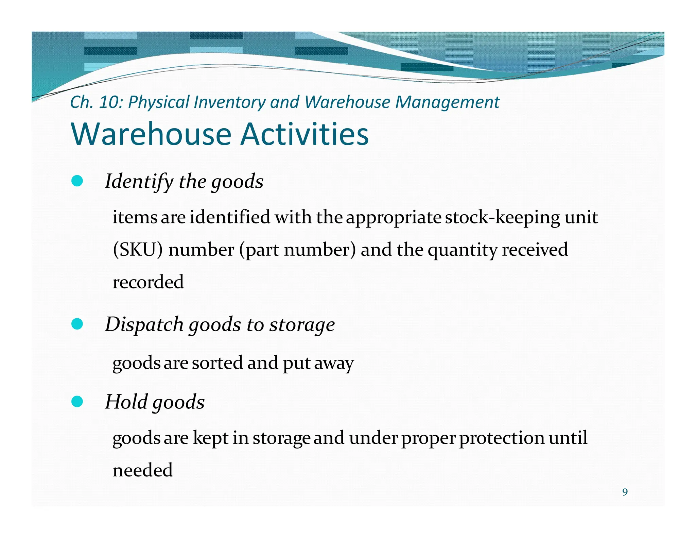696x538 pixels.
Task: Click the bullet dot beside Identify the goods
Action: pos(77,181)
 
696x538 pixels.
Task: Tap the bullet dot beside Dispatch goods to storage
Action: pos(77,324)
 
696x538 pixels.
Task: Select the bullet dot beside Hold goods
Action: pos(77,402)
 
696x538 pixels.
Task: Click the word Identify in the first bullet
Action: pos(139,182)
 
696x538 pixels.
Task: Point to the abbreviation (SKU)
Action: pos(138,250)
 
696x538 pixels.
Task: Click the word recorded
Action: pos(148,282)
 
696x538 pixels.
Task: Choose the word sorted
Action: pos(217,363)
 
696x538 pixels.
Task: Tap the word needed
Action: pos(143,470)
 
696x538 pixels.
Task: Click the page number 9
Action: pos(625,492)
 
